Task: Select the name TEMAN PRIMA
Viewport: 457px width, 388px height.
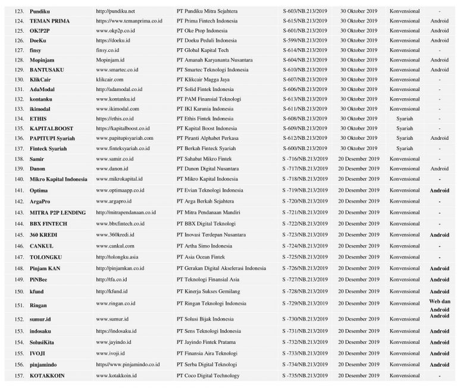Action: [49, 21]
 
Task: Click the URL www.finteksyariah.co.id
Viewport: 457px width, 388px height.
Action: [123, 148]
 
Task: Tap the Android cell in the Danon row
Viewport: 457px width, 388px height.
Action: [439, 169]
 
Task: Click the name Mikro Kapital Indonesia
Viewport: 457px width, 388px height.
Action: [58, 179]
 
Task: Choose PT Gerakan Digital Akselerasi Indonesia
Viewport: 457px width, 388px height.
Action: [221, 268]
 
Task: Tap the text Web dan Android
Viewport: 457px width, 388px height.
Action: [439, 305]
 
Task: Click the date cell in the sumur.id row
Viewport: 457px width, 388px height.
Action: [358, 319]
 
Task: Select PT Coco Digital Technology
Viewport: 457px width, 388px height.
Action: [208, 376]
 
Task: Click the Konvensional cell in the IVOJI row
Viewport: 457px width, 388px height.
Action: [404, 353]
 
